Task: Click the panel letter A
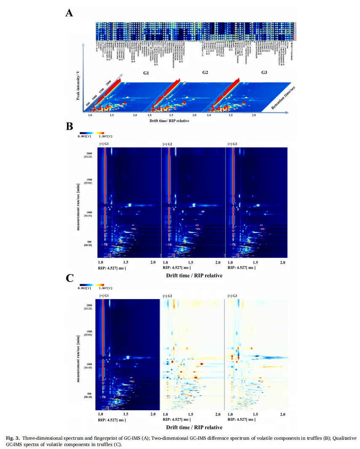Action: pos(70,13)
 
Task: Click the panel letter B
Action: pos(70,126)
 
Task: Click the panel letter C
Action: pos(70,278)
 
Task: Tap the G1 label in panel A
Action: pos(146,73)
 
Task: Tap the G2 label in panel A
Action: pos(205,73)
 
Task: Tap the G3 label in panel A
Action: pos(264,73)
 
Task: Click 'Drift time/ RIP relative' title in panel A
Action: pos(169,121)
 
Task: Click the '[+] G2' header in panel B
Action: pos(168,144)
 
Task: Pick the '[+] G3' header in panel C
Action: pos(232,296)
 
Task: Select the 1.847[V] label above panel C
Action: pos(106,288)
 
